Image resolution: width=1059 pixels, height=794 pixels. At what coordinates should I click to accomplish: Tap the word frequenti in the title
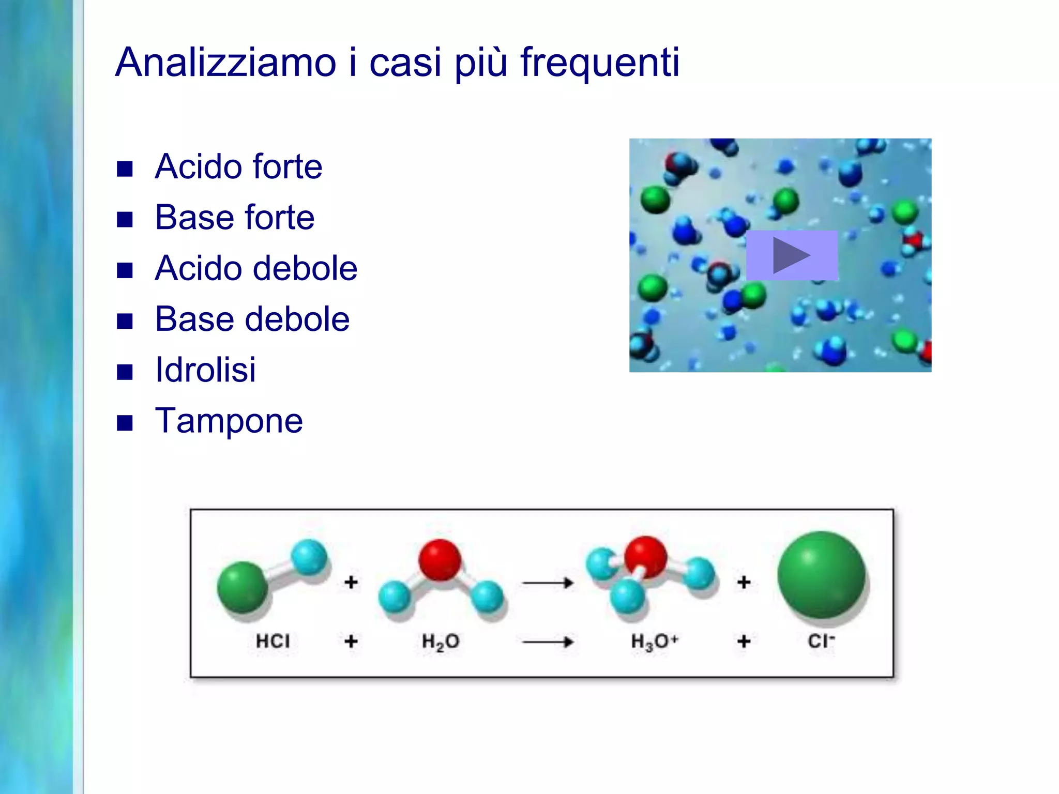point(599,63)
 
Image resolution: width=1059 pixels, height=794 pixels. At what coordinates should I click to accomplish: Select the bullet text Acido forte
point(238,167)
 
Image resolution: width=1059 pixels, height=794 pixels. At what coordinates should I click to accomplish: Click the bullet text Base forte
point(234,218)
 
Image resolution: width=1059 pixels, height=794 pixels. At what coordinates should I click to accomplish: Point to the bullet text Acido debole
point(256,268)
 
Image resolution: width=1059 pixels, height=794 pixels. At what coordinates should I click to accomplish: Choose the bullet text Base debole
point(252,319)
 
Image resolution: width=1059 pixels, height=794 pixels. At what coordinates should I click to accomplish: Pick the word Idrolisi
point(205,370)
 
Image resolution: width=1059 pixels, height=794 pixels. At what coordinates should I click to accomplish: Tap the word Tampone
point(229,421)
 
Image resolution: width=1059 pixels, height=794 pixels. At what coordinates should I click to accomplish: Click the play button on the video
point(791,255)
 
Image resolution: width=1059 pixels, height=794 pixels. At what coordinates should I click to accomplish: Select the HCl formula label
point(273,642)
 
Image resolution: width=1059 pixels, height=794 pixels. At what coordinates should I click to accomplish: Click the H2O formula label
point(441,642)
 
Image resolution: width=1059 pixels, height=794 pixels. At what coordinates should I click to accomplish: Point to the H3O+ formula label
point(654,642)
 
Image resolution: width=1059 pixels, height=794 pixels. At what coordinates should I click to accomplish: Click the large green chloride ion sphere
point(821,575)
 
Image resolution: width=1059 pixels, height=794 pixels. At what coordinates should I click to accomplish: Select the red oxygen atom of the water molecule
point(440,560)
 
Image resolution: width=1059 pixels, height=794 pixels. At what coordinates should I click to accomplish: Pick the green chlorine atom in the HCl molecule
point(243,587)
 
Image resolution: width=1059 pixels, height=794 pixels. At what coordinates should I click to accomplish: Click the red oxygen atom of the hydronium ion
point(645,557)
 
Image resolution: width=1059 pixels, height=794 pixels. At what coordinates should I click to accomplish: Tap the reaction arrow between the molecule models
point(548,583)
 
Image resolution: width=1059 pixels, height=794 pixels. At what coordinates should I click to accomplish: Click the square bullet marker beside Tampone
point(125,423)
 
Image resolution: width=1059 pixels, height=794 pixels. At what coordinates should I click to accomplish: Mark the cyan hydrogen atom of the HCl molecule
point(309,557)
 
